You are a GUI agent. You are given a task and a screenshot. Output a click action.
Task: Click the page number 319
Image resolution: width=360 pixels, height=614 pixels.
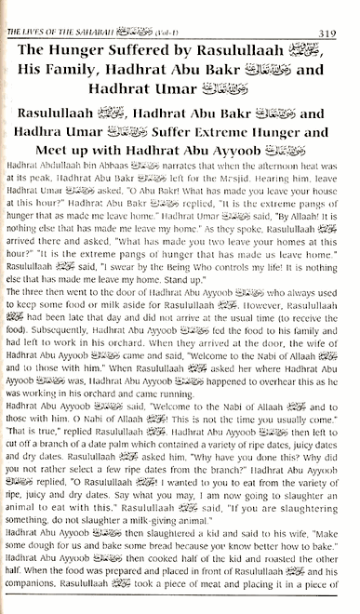342,10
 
